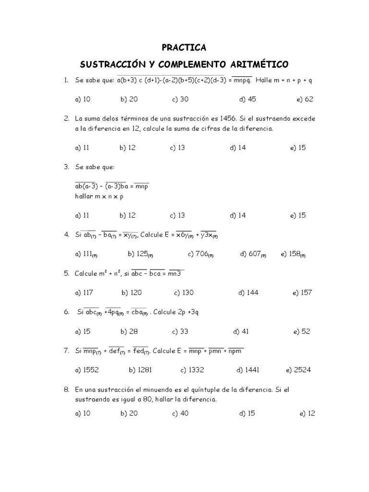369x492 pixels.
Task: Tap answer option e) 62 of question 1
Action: (305, 99)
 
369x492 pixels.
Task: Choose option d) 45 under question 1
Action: (247, 99)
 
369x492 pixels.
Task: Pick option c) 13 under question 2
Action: (177, 148)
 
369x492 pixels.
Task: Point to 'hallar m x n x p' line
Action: (99, 196)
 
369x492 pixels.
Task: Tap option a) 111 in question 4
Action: (87, 254)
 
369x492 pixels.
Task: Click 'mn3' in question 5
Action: (176, 273)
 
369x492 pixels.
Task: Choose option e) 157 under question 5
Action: (302, 293)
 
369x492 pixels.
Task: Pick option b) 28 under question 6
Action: (130, 332)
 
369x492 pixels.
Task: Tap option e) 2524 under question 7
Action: (298, 370)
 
